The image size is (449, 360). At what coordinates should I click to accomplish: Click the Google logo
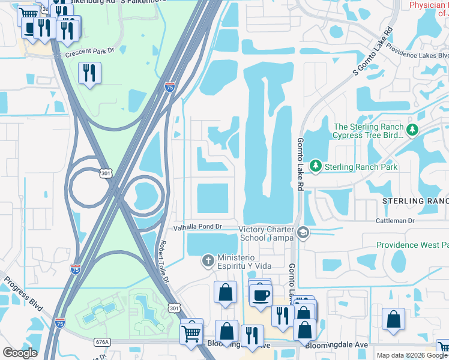(20, 353)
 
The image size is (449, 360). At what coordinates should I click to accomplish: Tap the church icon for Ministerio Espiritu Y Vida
(208, 260)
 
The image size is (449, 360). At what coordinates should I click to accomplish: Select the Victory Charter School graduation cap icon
(303, 233)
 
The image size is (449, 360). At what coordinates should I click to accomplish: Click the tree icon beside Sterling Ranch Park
(315, 166)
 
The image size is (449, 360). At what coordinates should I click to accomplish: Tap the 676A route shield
(102, 342)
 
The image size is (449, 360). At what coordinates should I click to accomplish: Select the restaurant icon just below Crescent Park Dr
(89, 73)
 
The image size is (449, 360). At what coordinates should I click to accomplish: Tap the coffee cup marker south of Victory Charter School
(261, 295)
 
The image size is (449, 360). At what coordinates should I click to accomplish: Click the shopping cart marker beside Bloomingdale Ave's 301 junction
(191, 331)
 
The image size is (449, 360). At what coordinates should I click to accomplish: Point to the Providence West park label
(412, 245)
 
